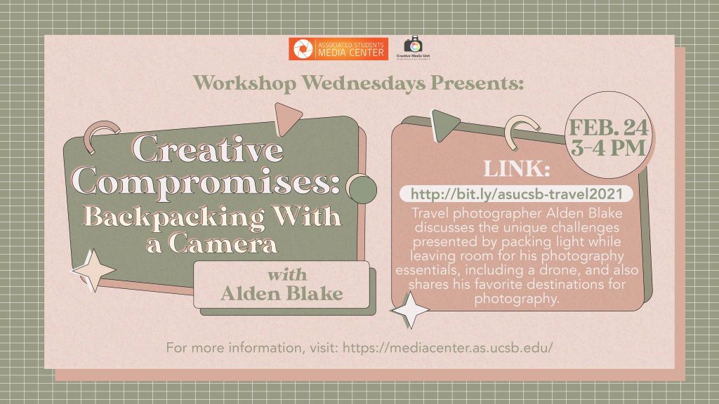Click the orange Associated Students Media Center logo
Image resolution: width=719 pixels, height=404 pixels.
coord(338,49)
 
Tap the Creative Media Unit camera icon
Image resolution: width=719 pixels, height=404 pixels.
coord(413,44)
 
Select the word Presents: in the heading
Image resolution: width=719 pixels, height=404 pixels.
coord(477,83)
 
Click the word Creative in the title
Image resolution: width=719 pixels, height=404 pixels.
coord(208,149)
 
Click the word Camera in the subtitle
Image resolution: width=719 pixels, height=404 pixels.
coord(223,243)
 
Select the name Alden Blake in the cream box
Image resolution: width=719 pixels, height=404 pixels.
coord(282,293)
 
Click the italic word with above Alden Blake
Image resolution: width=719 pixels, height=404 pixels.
coord(287,275)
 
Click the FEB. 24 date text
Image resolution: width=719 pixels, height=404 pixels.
coord(609,128)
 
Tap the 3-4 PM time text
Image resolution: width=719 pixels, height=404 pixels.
coord(609,147)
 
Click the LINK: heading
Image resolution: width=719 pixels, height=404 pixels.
coord(517,169)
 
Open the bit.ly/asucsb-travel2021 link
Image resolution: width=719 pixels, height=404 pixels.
coord(516,194)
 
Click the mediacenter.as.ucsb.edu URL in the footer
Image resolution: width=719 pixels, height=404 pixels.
coord(447,348)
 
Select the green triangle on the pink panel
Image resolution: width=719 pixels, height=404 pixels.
coord(443,125)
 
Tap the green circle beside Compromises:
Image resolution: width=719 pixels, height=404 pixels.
coord(362,189)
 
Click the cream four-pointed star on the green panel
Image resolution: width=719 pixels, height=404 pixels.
coord(93,270)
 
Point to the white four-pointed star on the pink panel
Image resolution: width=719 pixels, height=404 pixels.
coord(410,310)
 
